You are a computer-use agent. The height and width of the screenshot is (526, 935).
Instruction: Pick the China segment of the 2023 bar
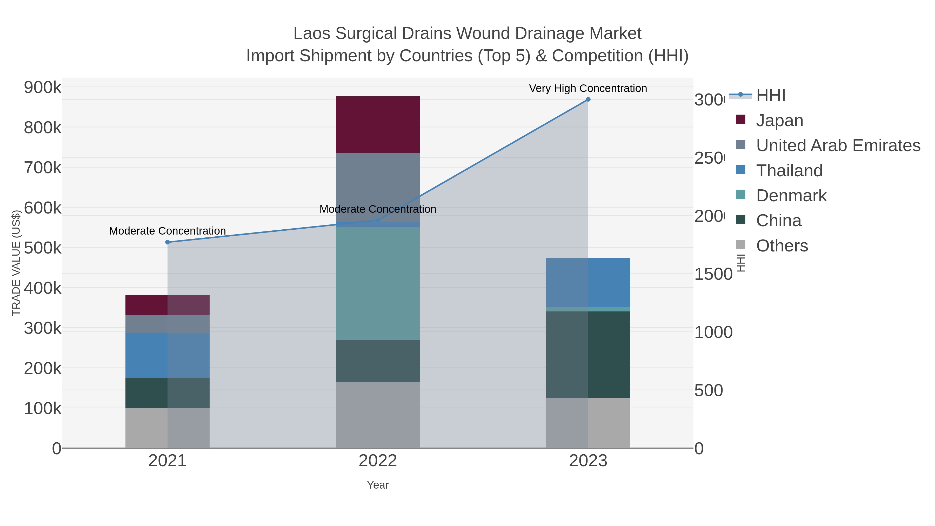[x=588, y=354]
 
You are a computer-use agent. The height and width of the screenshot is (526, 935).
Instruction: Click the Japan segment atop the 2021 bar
[x=167, y=305]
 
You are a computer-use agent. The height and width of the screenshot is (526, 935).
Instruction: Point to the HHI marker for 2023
[x=588, y=99]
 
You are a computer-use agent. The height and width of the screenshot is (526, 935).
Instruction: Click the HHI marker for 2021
[x=167, y=242]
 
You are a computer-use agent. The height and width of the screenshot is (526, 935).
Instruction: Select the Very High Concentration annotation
[x=588, y=88]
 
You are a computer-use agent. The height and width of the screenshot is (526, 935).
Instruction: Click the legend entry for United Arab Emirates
[x=838, y=145]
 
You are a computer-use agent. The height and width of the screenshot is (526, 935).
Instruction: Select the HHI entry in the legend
[x=771, y=95]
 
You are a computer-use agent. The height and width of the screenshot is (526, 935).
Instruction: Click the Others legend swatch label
[x=782, y=245]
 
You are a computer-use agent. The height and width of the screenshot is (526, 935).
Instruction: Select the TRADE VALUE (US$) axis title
[x=16, y=263]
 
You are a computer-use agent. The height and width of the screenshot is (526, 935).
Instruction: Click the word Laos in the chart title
[x=312, y=34]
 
